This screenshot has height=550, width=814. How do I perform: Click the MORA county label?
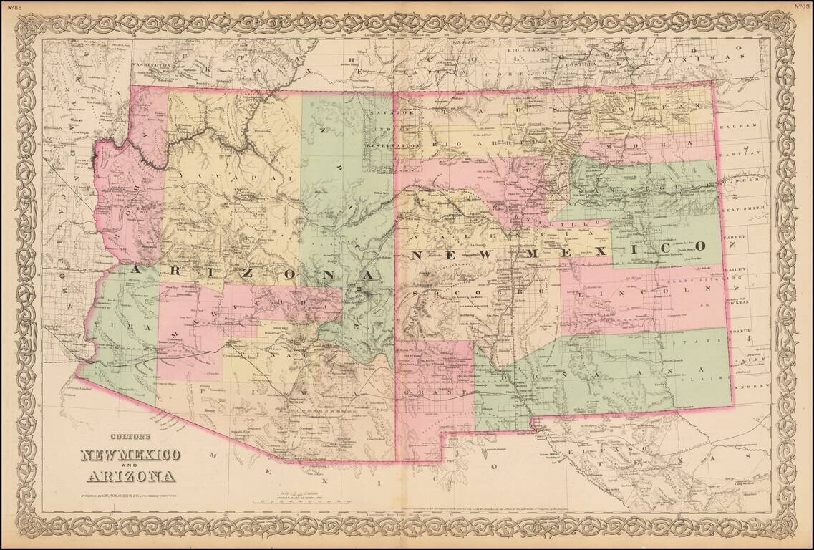pyautogui.click(x=654, y=143)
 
